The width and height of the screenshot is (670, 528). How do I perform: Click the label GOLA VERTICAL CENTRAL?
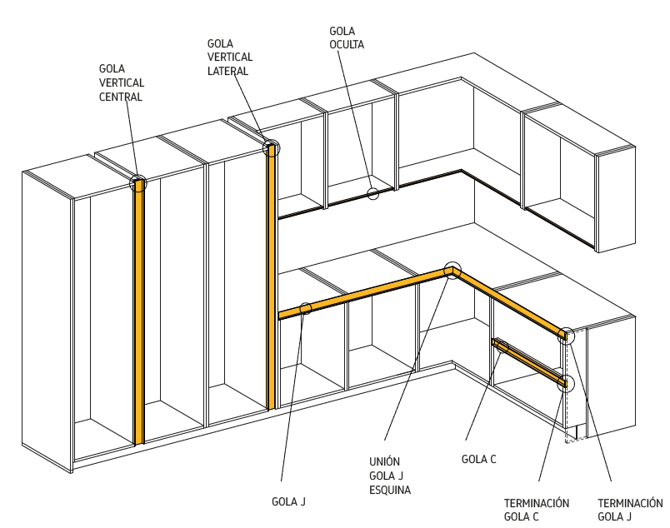[x=122, y=82]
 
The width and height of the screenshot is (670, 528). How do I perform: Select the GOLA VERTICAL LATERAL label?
[x=229, y=57]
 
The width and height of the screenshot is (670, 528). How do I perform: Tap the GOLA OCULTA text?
[x=347, y=37]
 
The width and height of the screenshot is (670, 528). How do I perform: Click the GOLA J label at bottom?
[x=289, y=501]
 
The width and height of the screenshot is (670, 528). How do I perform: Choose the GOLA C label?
[x=479, y=459]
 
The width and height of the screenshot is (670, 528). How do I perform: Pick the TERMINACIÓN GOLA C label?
[x=537, y=510]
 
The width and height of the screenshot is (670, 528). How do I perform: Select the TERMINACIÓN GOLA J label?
[x=630, y=510]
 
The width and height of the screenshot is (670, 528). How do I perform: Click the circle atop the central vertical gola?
[x=139, y=184]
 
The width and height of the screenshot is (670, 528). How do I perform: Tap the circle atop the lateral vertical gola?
[x=272, y=149]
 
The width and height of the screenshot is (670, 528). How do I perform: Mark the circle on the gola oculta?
[x=372, y=194]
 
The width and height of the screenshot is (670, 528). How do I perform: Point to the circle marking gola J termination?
[x=566, y=336]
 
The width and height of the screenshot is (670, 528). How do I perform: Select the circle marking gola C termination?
[x=567, y=383]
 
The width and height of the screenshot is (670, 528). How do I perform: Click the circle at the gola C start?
[x=501, y=346]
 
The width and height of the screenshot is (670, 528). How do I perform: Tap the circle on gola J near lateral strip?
[x=306, y=309]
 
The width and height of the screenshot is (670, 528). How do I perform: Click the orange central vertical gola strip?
[x=139, y=316]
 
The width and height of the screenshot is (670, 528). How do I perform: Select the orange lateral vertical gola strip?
[x=271, y=275]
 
